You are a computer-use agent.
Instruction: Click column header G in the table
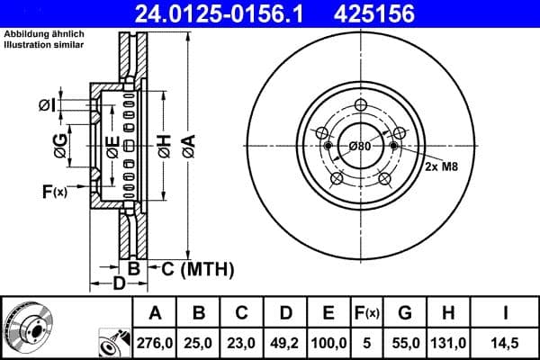click(405, 312)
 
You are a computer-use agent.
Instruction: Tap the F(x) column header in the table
click(367, 312)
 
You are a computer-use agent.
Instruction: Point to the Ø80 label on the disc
click(360, 147)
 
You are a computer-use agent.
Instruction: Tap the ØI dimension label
click(47, 106)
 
